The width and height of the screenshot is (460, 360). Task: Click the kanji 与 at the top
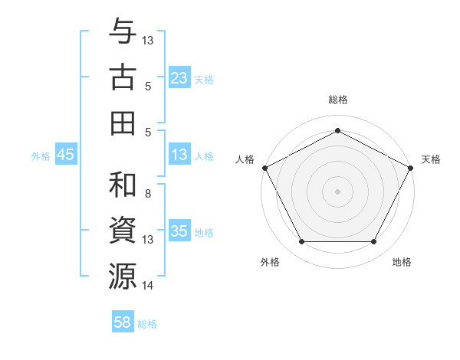tap(123, 33)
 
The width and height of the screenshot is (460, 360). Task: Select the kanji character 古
tap(123, 78)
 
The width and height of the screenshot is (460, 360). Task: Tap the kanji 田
tap(123, 123)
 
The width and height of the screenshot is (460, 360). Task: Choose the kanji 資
tap(123, 231)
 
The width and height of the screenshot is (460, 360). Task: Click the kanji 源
tap(123, 276)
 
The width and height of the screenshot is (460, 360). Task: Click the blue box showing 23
tap(179, 78)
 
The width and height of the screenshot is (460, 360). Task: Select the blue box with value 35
tap(179, 231)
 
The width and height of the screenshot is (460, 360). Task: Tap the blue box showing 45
tap(65, 155)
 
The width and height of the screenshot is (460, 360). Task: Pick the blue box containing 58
tap(123, 322)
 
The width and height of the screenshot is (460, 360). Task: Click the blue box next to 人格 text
tap(179, 155)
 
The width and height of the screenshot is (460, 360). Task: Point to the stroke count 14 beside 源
tap(148, 286)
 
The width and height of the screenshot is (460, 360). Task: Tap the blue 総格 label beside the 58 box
tap(147, 324)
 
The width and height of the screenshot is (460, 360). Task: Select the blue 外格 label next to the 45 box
tap(41, 155)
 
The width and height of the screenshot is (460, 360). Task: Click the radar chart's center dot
tap(337, 191)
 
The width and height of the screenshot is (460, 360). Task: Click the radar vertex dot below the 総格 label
tap(337, 129)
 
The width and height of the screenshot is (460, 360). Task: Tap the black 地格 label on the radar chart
tap(402, 262)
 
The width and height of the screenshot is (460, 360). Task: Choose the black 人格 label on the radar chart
tap(245, 159)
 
